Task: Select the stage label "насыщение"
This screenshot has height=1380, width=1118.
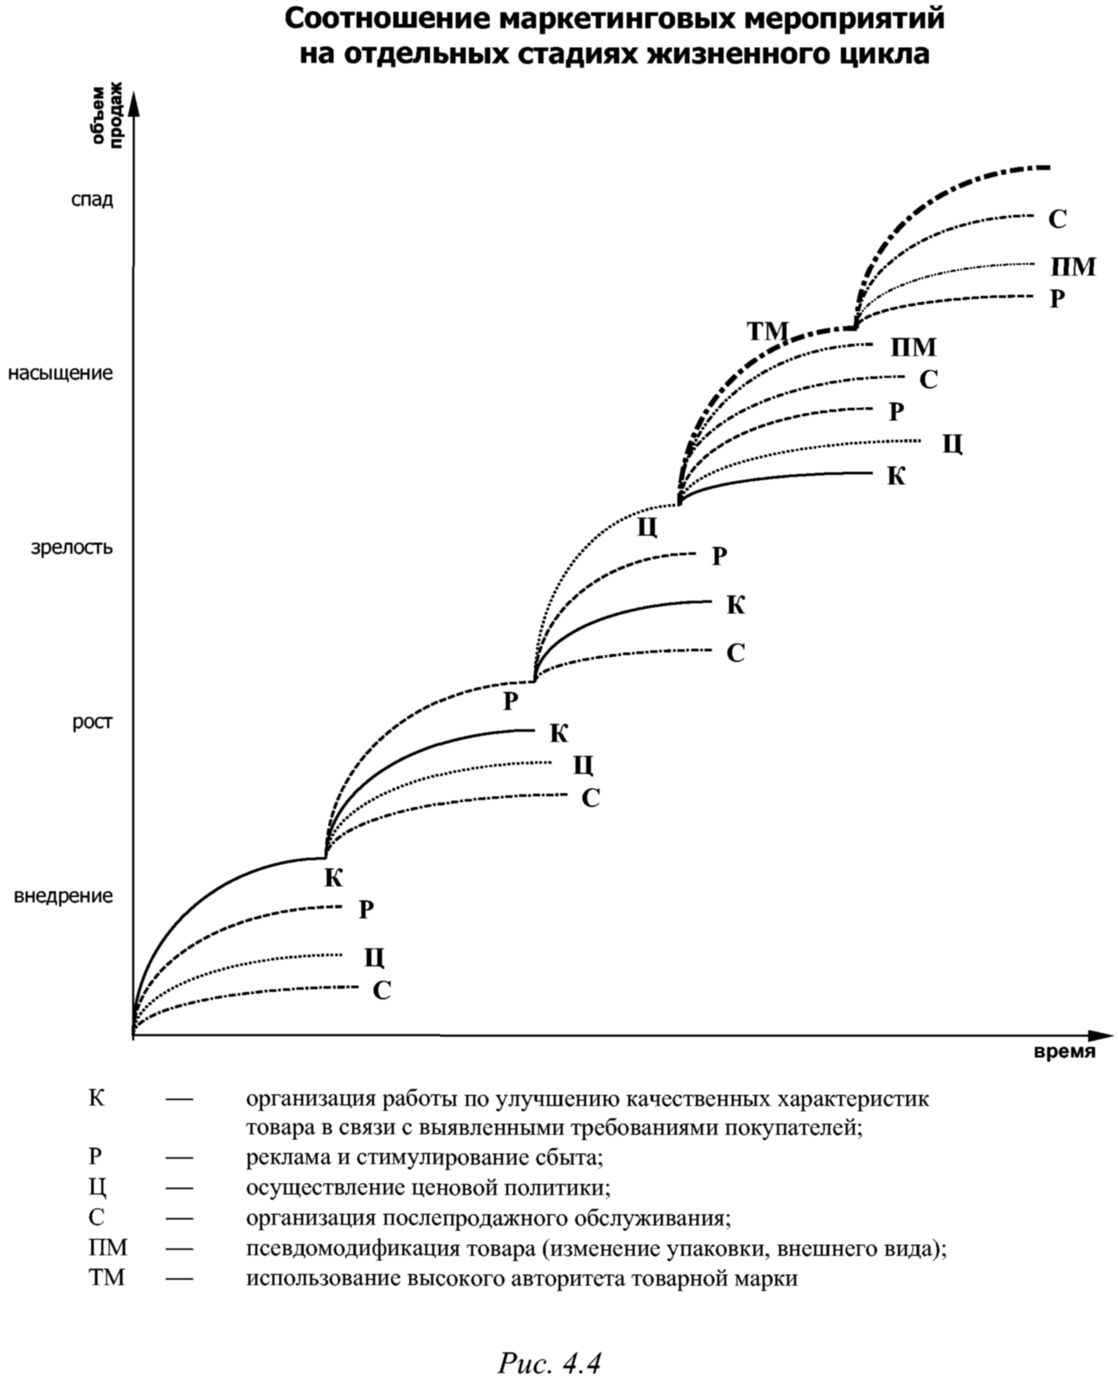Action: [x=61, y=373]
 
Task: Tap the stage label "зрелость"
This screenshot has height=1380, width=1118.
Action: [x=72, y=547]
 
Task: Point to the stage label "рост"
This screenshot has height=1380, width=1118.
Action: [x=93, y=722]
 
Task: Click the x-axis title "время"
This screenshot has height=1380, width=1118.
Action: [x=1065, y=1052]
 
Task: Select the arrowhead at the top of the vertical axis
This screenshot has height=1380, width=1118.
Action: [x=134, y=103]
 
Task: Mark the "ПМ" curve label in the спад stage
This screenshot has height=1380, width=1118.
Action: [x=1074, y=267]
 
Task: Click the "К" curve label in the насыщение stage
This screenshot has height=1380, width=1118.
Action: [x=896, y=476]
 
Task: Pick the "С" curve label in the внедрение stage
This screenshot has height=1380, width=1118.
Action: [x=382, y=990]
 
